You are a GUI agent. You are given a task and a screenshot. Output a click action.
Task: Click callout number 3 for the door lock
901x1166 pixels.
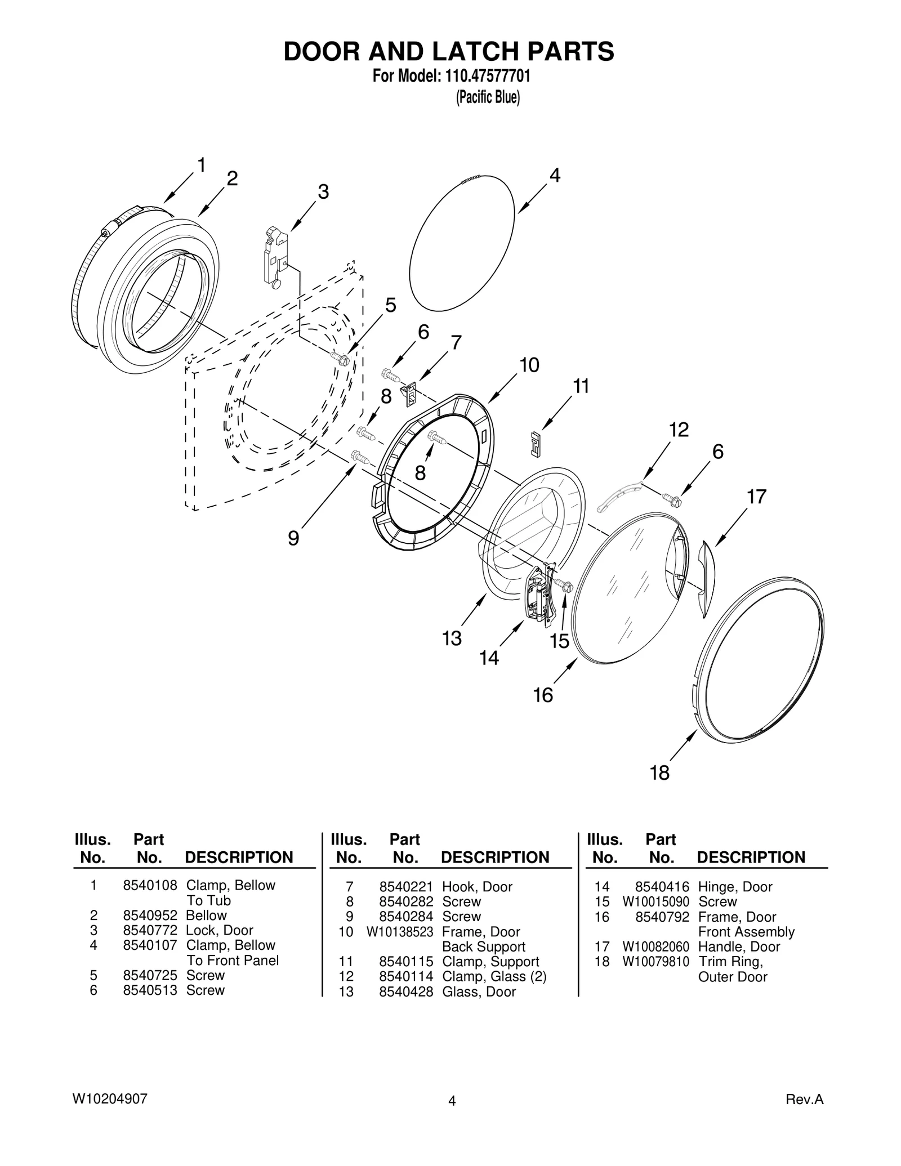pyautogui.click(x=323, y=192)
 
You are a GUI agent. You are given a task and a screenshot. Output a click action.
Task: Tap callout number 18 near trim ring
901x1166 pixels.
pyautogui.click(x=659, y=772)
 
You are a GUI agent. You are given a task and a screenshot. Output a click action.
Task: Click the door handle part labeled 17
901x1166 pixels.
pyautogui.click(x=706, y=579)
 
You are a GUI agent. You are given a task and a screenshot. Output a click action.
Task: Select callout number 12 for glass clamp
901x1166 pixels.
pyautogui.click(x=679, y=430)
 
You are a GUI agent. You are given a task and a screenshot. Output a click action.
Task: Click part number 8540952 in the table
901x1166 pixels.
pyautogui.click(x=150, y=915)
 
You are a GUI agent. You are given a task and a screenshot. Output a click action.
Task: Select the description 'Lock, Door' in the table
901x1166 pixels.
pyautogui.click(x=219, y=930)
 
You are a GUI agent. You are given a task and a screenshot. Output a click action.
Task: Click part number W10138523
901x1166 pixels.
pyautogui.click(x=399, y=932)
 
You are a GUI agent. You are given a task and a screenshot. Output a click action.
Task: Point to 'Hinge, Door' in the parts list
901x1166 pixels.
pyautogui.click(x=735, y=887)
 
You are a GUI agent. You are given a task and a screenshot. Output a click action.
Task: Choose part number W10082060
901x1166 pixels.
pyautogui.click(x=655, y=947)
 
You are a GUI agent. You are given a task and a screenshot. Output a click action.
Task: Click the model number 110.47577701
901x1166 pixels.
pyautogui.click(x=487, y=75)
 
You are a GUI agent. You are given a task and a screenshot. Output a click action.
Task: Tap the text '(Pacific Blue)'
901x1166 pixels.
pyautogui.click(x=487, y=97)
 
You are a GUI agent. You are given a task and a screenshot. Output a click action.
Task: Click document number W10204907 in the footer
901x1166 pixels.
pyautogui.click(x=110, y=1098)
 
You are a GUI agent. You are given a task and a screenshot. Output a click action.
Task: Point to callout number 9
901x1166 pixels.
pyautogui.click(x=293, y=538)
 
